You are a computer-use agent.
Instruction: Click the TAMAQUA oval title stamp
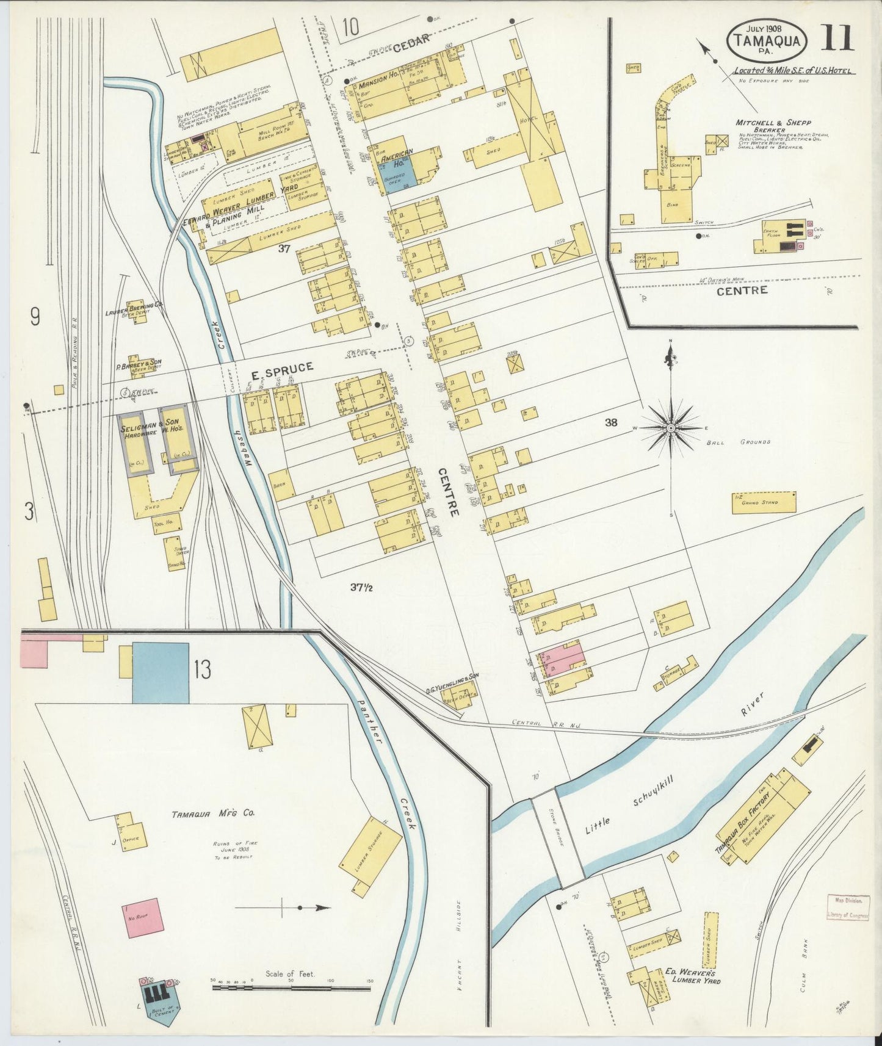(x=767, y=40)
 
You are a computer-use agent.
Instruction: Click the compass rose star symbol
(x=671, y=428)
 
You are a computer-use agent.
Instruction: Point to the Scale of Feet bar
(x=291, y=987)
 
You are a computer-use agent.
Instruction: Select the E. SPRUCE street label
(x=282, y=367)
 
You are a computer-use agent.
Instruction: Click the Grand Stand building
(x=764, y=502)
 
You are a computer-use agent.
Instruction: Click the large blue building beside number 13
(x=161, y=673)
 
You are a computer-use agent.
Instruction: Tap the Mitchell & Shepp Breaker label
(x=773, y=126)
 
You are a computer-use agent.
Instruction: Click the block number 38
(x=611, y=422)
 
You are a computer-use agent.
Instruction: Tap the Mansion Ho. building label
(x=378, y=85)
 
